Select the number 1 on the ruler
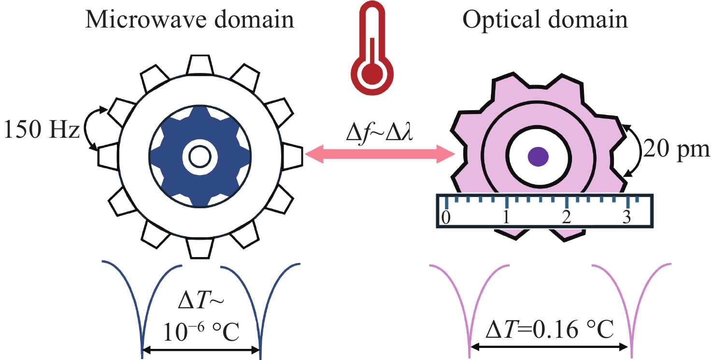coord(506,217)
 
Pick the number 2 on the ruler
coord(567,217)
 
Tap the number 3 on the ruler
coord(627,217)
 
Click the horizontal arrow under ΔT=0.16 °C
coord(550,346)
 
